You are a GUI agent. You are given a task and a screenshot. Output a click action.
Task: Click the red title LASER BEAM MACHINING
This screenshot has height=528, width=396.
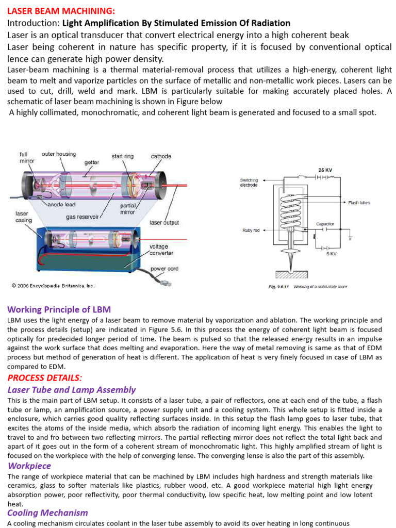(x=61, y=11)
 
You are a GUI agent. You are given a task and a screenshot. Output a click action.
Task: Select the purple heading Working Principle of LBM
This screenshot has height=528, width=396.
(x=59, y=309)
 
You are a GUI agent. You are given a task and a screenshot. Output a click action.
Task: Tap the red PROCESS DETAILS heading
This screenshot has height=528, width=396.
(x=44, y=377)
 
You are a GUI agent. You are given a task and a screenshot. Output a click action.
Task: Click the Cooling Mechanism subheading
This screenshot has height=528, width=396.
(x=47, y=513)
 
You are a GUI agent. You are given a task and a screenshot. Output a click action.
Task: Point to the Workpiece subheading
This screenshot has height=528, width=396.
(x=29, y=466)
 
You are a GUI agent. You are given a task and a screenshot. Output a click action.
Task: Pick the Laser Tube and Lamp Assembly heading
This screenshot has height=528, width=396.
(x=72, y=390)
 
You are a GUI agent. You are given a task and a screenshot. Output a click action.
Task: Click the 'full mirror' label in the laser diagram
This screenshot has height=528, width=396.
(x=25, y=157)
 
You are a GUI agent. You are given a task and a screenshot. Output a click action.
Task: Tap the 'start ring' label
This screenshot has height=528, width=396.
(x=123, y=156)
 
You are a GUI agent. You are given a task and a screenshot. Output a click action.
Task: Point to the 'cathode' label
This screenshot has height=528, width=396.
(x=161, y=156)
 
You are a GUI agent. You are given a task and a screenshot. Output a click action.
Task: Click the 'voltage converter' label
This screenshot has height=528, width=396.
(x=161, y=250)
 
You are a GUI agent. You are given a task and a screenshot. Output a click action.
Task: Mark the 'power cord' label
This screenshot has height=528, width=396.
(x=165, y=269)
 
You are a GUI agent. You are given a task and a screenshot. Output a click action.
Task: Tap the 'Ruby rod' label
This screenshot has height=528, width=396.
(x=251, y=230)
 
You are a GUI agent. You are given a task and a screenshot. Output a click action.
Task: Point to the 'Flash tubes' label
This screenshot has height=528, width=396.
(x=359, y=203)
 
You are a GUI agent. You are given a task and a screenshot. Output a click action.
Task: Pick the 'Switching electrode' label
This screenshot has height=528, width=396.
(x=249, y=183)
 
